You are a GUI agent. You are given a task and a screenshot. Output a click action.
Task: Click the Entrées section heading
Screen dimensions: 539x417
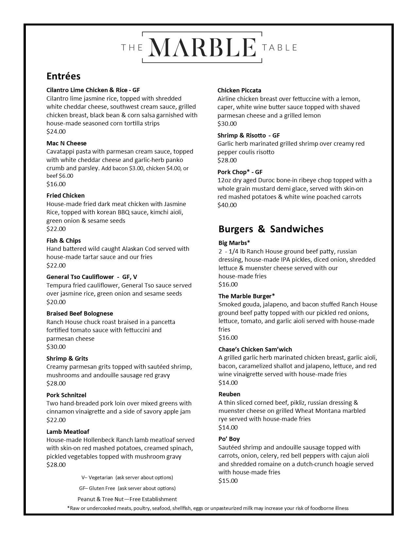click(63, 76)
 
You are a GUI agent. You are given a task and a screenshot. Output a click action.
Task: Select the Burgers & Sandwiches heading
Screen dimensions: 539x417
click(271, 229)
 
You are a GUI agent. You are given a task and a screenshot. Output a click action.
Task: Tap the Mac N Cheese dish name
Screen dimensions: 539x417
click(66, 143)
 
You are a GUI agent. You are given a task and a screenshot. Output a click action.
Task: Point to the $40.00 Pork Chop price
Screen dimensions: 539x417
click(227, 205)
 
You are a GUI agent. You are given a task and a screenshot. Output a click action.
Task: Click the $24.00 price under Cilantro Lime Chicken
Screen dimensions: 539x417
click(56, 132)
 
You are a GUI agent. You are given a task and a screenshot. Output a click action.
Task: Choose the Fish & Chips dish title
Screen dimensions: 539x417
click(63, 241)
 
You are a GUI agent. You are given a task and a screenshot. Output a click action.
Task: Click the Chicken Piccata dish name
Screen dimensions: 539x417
click(239, 90)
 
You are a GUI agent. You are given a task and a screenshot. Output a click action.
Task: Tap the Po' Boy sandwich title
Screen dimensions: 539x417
click(229, 439)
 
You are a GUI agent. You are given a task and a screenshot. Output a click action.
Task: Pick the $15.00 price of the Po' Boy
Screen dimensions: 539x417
click(228, 481)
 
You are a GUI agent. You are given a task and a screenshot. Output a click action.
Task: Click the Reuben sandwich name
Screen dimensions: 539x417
click(229, 394)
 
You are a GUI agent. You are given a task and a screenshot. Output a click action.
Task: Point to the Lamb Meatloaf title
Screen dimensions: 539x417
click(68, 432)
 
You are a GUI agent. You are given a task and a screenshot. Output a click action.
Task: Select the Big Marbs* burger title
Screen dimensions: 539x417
click(234, 243)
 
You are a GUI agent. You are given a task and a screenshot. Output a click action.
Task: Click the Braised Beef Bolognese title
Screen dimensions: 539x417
click(79, 314)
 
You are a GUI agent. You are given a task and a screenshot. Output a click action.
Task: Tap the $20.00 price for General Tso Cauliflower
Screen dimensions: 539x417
click(56, 302)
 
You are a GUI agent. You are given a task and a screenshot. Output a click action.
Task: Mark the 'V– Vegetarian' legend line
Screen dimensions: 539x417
click(127, 478)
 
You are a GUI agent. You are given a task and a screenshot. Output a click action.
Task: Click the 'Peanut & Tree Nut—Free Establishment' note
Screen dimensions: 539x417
click(127, 499)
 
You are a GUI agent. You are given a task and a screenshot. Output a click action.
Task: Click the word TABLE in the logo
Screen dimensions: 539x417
click(280, 48)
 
